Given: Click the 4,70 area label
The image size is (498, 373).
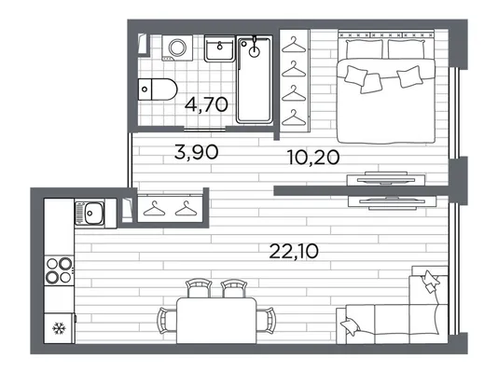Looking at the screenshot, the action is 206,104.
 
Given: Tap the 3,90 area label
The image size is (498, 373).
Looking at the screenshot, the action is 197,152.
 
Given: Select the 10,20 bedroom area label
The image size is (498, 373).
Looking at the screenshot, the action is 313,158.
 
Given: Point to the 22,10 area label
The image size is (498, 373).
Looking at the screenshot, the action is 294,251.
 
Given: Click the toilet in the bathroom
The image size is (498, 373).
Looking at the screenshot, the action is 158,90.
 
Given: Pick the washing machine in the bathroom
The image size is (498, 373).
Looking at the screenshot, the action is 177,48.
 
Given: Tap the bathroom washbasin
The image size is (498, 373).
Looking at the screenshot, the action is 219,48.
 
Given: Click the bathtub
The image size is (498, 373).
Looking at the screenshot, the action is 255,79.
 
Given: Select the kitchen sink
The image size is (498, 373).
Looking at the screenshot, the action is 90,213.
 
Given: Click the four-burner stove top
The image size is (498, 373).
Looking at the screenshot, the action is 59,270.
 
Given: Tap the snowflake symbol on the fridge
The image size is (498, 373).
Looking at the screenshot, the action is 59,328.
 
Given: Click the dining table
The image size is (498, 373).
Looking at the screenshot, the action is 216,320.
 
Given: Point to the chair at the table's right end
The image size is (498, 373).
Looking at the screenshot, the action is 266,321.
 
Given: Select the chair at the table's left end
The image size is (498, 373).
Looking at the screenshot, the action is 167,321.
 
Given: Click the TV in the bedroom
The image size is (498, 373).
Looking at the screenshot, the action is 386,179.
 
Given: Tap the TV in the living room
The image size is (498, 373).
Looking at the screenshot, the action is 393,202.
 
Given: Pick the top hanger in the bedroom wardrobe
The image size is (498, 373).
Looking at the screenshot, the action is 294,45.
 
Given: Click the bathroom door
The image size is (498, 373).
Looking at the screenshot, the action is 204,129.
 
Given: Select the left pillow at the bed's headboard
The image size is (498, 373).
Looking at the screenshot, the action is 364,49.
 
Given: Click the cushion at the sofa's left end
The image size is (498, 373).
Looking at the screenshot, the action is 350,326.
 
